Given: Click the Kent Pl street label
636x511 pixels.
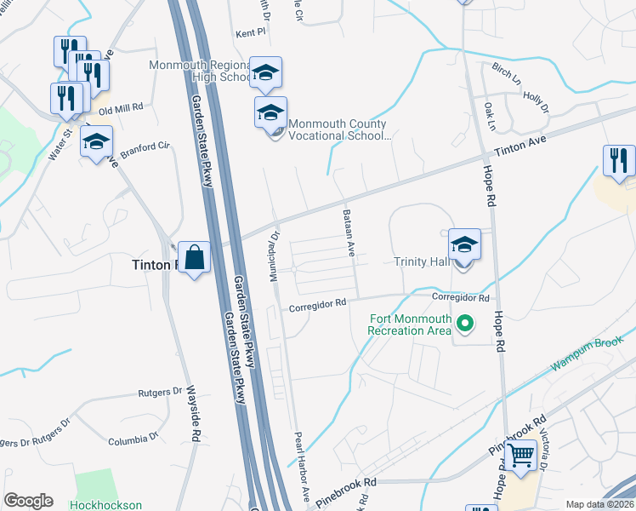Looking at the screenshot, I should (x=251, y=33).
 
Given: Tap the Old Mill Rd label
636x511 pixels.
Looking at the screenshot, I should (x=121, y=109).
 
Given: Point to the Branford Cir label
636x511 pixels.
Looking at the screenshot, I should (x=145, y=148).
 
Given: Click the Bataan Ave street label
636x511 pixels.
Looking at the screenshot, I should (x=349, y=233).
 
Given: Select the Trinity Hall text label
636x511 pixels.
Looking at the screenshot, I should (x=422, y=261).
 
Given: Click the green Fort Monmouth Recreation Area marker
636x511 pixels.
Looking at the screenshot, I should (x=464, y=324).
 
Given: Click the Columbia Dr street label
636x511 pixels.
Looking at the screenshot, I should (x=133, y=440).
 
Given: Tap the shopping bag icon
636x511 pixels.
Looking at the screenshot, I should (x=194, y=255).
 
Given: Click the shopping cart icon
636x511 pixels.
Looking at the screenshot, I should (x=521, y=454).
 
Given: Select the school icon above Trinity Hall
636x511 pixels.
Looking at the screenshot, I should (x=464, y=244).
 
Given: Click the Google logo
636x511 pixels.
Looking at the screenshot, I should (x=28, y=501).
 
